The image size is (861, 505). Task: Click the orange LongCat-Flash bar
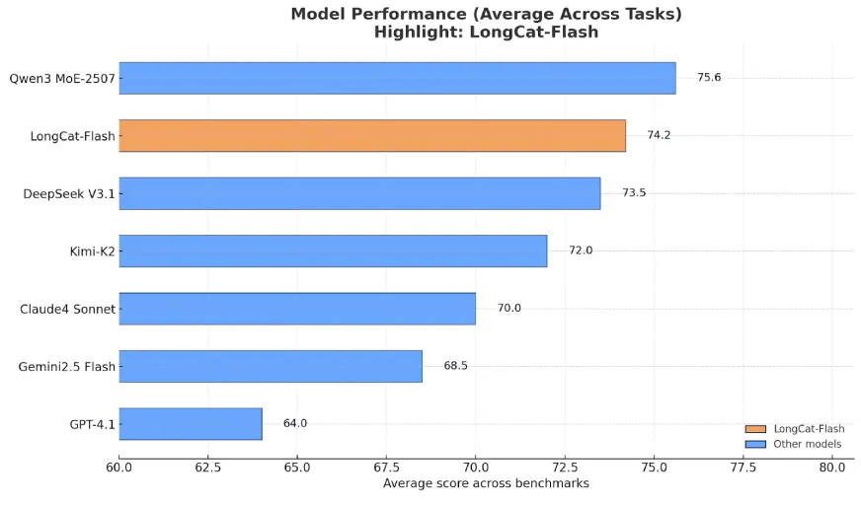[372, 136]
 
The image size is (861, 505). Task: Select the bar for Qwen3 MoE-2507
[397, 78]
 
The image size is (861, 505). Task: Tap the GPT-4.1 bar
[191, 424]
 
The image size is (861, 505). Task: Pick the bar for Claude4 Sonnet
[297, 309]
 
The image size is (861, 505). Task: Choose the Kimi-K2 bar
[333, 251]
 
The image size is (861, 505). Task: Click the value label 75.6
[709, 78]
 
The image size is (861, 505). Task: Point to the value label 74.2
[659, 136]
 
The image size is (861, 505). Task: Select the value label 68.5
[455, 366]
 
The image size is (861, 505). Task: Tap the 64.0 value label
[295, 424]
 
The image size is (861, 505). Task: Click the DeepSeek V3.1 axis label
[68, 193]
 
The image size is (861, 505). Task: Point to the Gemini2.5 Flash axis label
[66, 367]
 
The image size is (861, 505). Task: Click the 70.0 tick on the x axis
[475, 467]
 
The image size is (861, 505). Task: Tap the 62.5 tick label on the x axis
[207, 467]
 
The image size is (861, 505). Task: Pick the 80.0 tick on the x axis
[831, 467]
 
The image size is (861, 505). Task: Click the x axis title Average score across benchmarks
[485, 484]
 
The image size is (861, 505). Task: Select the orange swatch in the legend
[755, 429]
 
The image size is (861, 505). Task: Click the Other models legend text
[807, 444]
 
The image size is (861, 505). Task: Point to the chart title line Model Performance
[486, 14]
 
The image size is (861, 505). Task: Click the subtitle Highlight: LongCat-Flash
[486, 32]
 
